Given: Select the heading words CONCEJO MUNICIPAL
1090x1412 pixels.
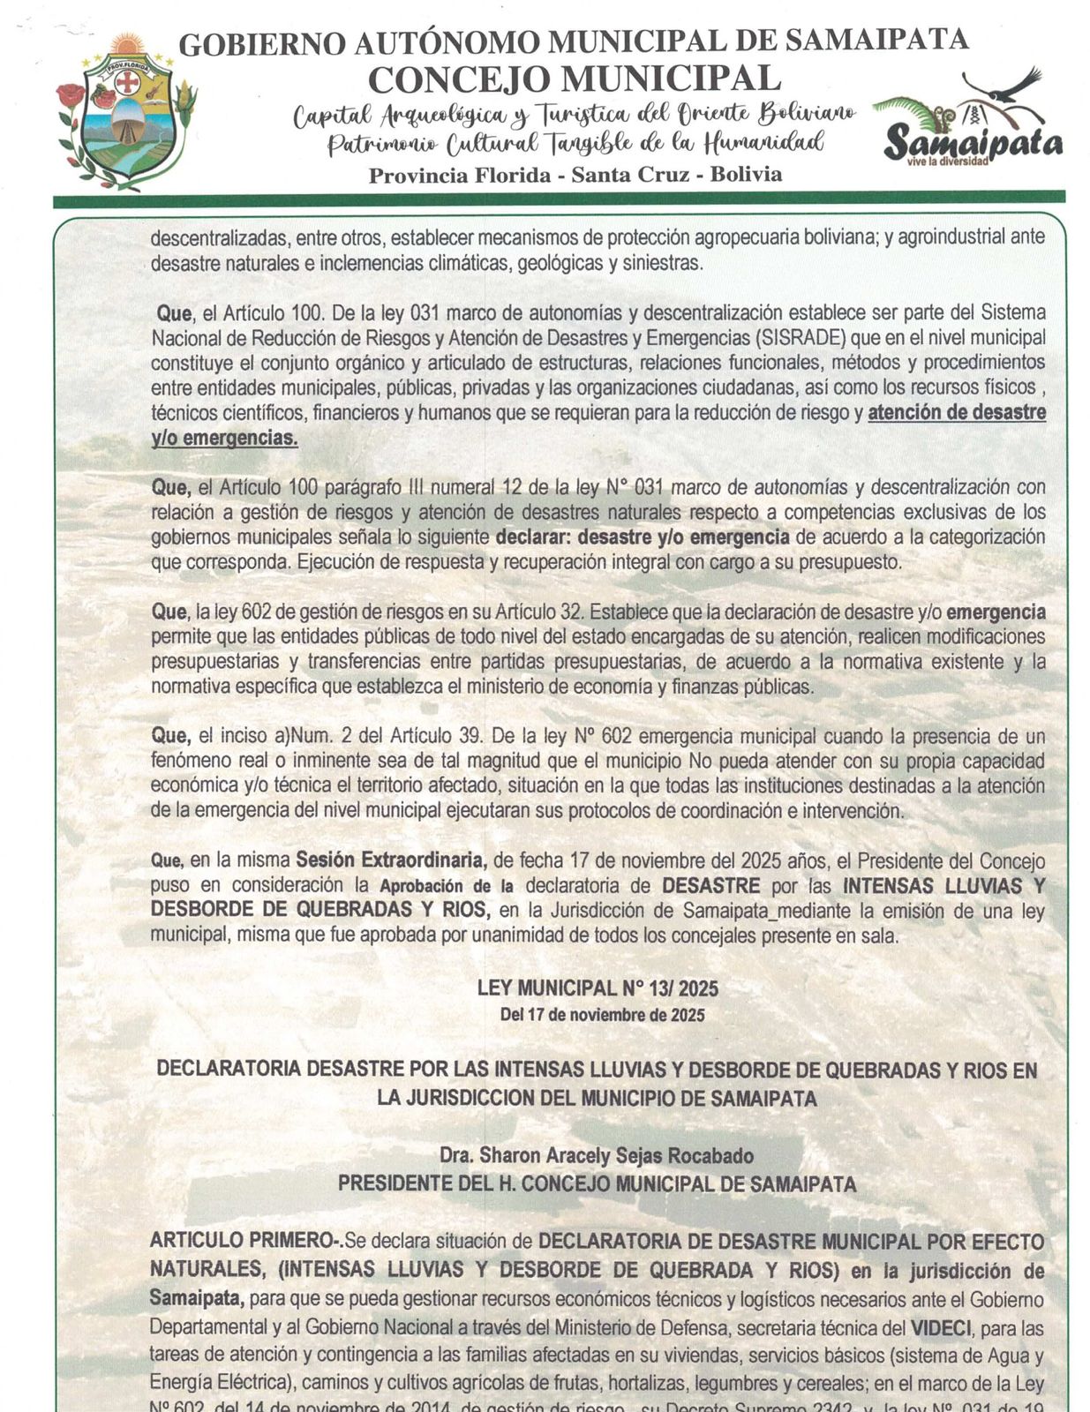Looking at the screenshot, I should click(574, 79).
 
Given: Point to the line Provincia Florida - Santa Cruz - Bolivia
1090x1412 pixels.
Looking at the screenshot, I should click(575, 175).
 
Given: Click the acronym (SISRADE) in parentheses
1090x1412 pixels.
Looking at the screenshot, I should click(808, 337).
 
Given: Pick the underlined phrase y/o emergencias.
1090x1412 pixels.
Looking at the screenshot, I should click(224, 438).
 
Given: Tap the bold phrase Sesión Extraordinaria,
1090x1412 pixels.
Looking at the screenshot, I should click(391, 860).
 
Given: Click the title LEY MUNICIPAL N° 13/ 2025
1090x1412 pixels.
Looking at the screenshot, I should click(598, 988).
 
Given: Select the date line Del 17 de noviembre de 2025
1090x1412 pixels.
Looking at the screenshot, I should click(602, 1015).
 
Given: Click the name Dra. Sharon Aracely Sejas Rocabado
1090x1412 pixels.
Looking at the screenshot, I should click(597, 1155).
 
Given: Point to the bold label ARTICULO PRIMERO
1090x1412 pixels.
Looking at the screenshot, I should click(244, 1240).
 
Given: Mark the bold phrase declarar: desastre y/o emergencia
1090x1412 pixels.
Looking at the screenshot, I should click(642, 537).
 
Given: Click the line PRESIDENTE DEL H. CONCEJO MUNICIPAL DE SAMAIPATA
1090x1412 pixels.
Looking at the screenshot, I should click(597, 1183).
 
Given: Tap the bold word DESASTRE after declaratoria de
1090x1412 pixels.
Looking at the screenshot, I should click(710, 885).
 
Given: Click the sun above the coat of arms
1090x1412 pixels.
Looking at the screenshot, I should click(128, 45).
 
